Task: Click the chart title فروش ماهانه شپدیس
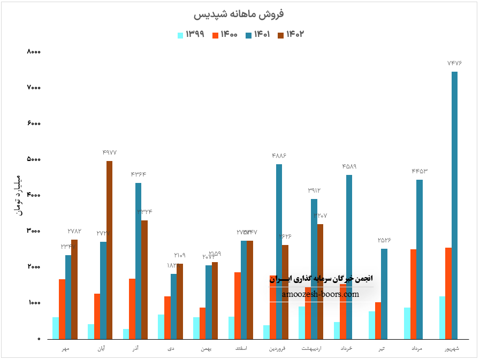(240, 13)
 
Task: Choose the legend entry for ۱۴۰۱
(257, 35)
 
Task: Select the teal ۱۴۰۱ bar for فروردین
(279, 251)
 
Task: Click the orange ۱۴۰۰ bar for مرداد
(413, 294)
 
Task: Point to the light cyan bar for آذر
(126, 334)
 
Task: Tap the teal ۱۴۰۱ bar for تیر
(384, 294)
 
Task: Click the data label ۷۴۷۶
(454, 63)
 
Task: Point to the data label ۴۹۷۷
(109, 152)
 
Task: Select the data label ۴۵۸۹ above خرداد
(349, 166)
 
